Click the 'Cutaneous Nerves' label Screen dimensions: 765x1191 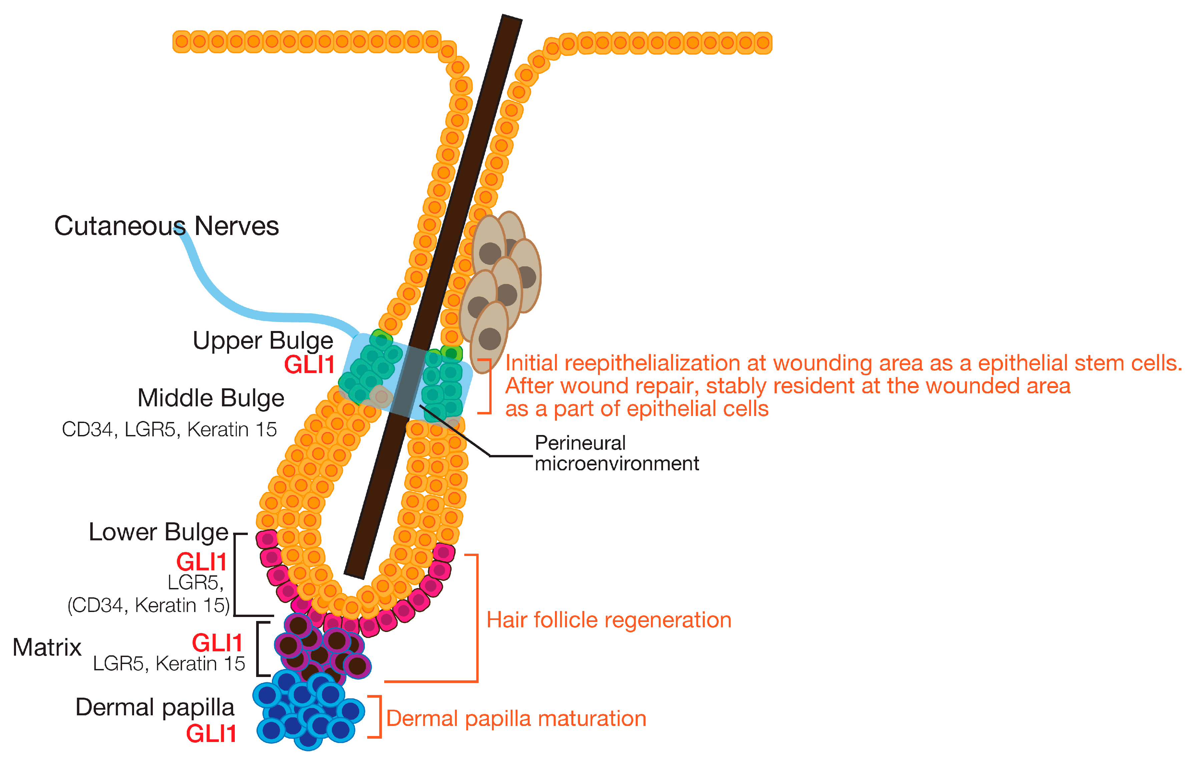[x=166, y=226]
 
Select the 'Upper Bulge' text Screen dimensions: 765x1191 [x=262, y=341]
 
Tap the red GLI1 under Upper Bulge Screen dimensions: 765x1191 [x=309, y=365]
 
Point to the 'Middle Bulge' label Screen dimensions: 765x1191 [x=211, y=398]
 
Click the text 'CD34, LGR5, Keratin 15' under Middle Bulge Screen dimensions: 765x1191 [x=169, y=430]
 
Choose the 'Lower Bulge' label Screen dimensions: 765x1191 [x=158, y=532]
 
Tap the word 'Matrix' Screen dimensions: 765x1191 [x=47, y=647]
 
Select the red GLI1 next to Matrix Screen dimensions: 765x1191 [x=217, y=643]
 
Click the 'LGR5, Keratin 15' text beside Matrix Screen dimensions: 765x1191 [x=169, y=664]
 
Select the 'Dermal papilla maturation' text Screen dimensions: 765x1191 [x=516, y=719]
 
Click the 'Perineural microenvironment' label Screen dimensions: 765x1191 [x=616, y=453]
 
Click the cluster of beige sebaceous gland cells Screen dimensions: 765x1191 [x=499, y=283]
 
